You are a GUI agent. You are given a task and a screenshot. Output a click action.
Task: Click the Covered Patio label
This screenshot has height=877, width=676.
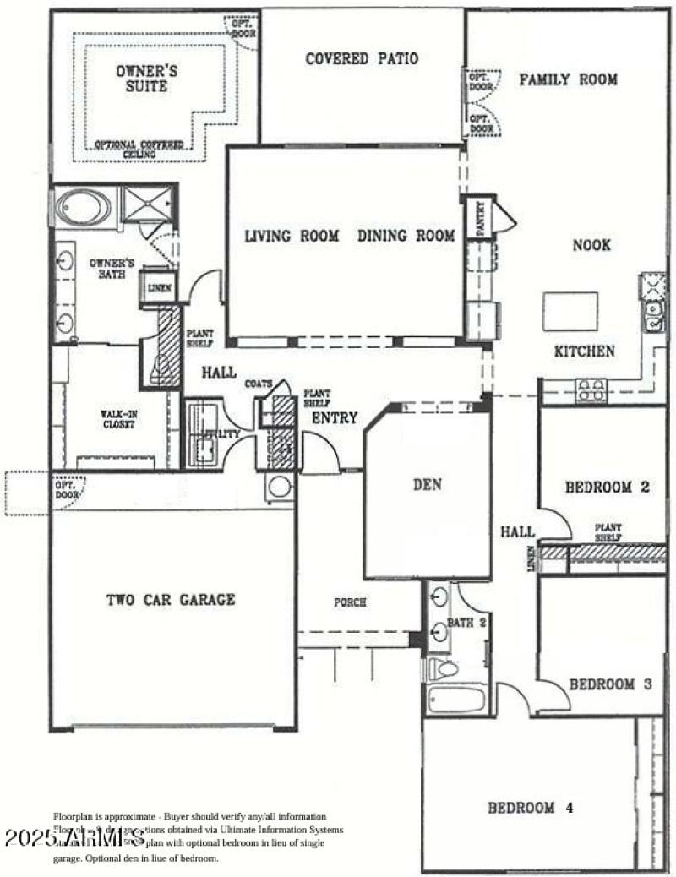point(362,59)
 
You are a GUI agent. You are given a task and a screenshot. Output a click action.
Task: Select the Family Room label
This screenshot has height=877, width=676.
point(568,80)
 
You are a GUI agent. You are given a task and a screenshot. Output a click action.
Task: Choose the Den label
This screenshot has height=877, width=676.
point(428,485)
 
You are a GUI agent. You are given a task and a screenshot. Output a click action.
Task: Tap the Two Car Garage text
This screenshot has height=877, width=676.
point(171,600)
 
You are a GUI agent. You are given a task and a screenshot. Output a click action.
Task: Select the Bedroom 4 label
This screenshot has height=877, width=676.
point(531,808)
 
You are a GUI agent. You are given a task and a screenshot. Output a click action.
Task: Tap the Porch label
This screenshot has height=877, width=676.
point(350,602)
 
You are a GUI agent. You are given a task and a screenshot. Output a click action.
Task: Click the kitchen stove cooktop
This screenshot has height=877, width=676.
point(591,389)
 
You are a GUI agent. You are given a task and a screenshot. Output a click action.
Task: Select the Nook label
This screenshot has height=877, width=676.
point(591,246)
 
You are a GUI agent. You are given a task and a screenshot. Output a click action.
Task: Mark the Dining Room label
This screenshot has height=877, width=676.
point(406,236)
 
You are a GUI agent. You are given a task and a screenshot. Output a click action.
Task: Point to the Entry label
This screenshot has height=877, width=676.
point(335,418)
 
